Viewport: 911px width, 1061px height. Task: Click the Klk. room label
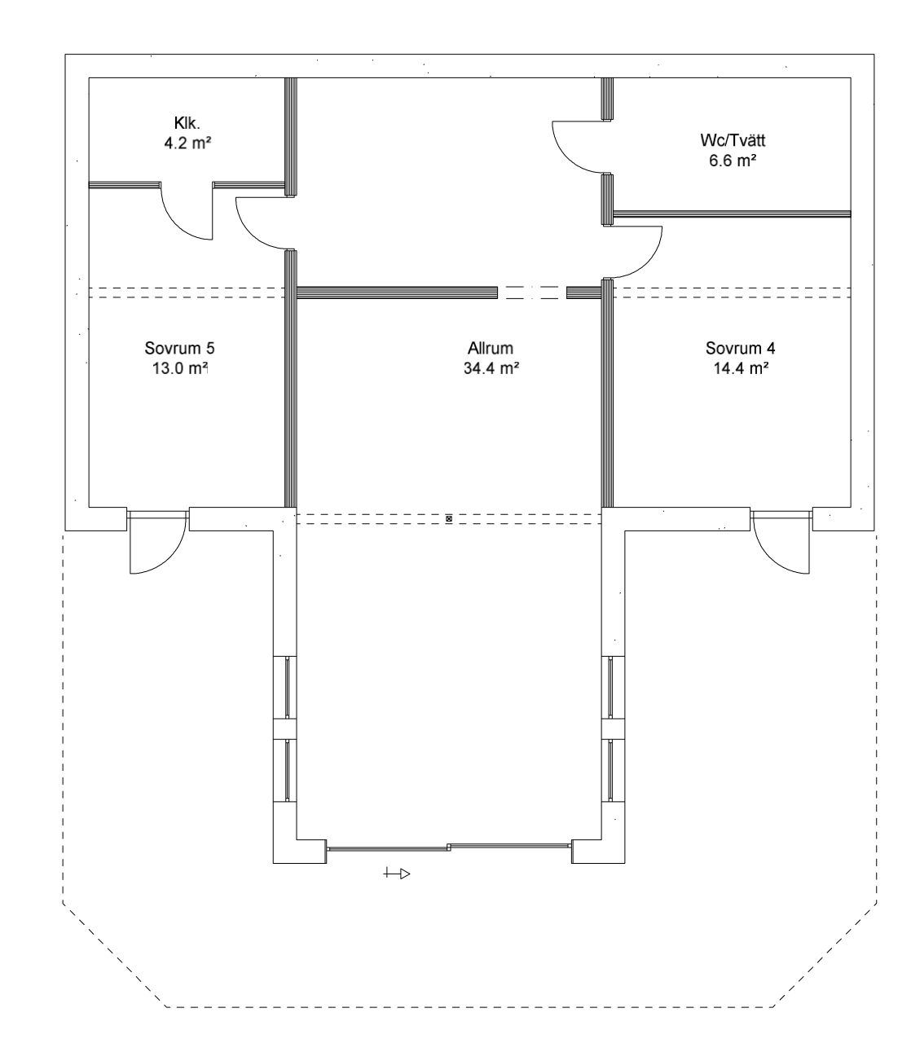187,123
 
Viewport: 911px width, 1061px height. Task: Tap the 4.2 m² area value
187,143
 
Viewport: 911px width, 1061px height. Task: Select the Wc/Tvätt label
733,140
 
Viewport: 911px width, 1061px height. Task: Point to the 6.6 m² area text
733,161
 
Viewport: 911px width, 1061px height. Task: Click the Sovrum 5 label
179,348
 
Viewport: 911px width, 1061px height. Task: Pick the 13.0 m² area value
179,368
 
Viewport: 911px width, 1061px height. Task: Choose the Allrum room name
491,348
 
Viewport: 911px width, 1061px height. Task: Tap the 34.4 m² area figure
491,368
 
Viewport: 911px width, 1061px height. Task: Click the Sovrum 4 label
740,348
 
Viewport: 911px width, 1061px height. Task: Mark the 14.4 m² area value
741,368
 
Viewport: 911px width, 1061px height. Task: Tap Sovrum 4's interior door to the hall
651,261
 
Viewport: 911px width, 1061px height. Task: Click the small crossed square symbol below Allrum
449,519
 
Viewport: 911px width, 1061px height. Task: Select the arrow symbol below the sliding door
397,873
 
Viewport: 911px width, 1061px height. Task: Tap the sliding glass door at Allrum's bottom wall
448,847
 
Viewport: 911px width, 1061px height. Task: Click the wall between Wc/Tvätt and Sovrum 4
732,214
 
